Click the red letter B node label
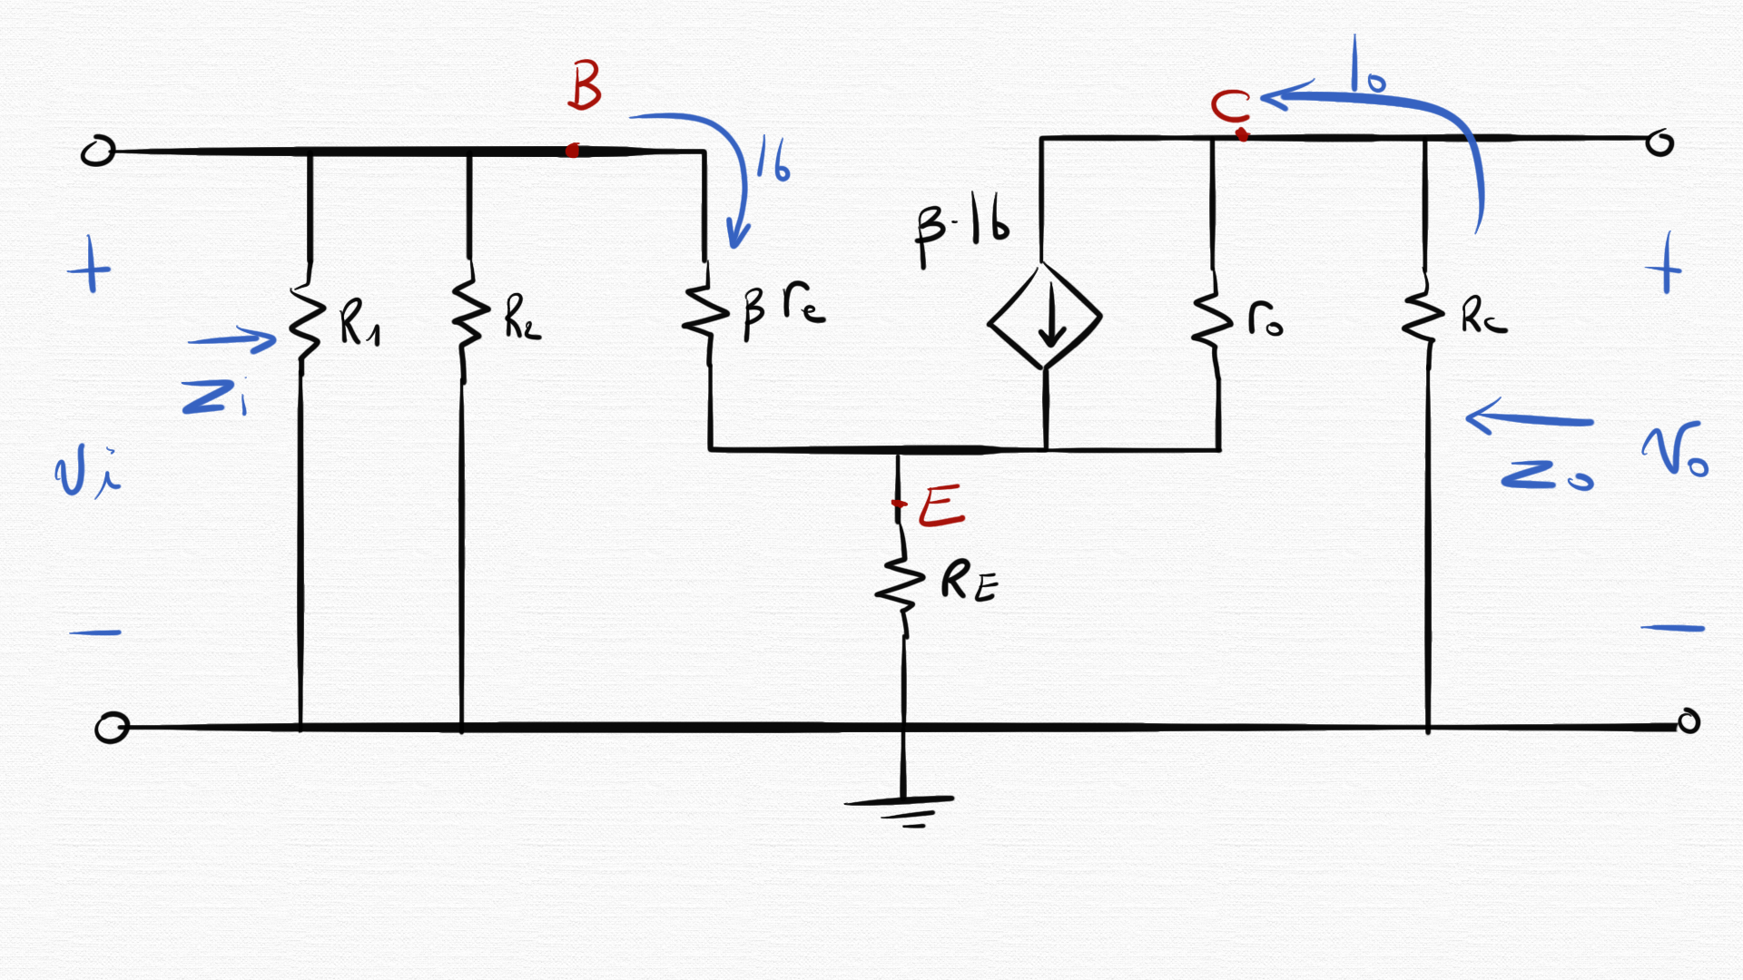(585, 85)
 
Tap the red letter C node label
(1230, 107)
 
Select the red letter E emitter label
(940, 506)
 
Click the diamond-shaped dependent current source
(1045, 317)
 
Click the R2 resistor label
(522, 318)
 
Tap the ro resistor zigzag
(1212, 318)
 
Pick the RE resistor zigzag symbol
(900, 585)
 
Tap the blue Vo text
(1675, 450)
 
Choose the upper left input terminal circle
(98, 152)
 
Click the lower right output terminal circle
(1688, 721)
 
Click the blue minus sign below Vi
(95, 632)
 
